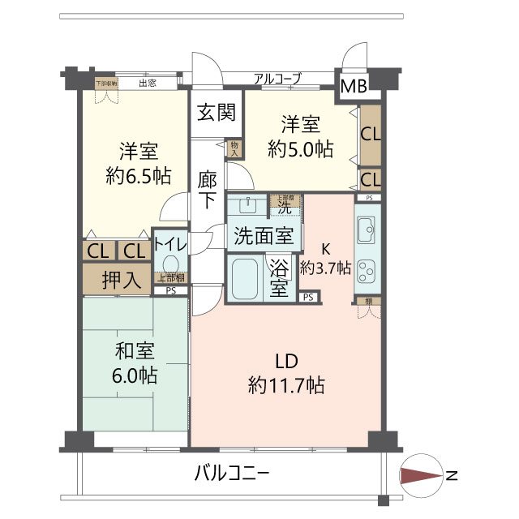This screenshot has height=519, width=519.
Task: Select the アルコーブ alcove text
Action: click(x=277, y=79)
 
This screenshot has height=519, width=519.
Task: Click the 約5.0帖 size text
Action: click(x=301, y=149)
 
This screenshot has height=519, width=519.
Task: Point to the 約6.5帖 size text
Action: click(x=138, y=174)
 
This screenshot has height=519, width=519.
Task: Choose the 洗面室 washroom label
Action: click(x=264, y=236)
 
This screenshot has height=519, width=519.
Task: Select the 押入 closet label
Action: click(x=122, y=280)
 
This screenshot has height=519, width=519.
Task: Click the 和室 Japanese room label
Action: click(x=135, y=352)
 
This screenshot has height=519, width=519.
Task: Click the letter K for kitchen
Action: click(x=327, y=248)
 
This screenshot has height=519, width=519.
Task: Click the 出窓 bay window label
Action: click(x=147, y=82)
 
